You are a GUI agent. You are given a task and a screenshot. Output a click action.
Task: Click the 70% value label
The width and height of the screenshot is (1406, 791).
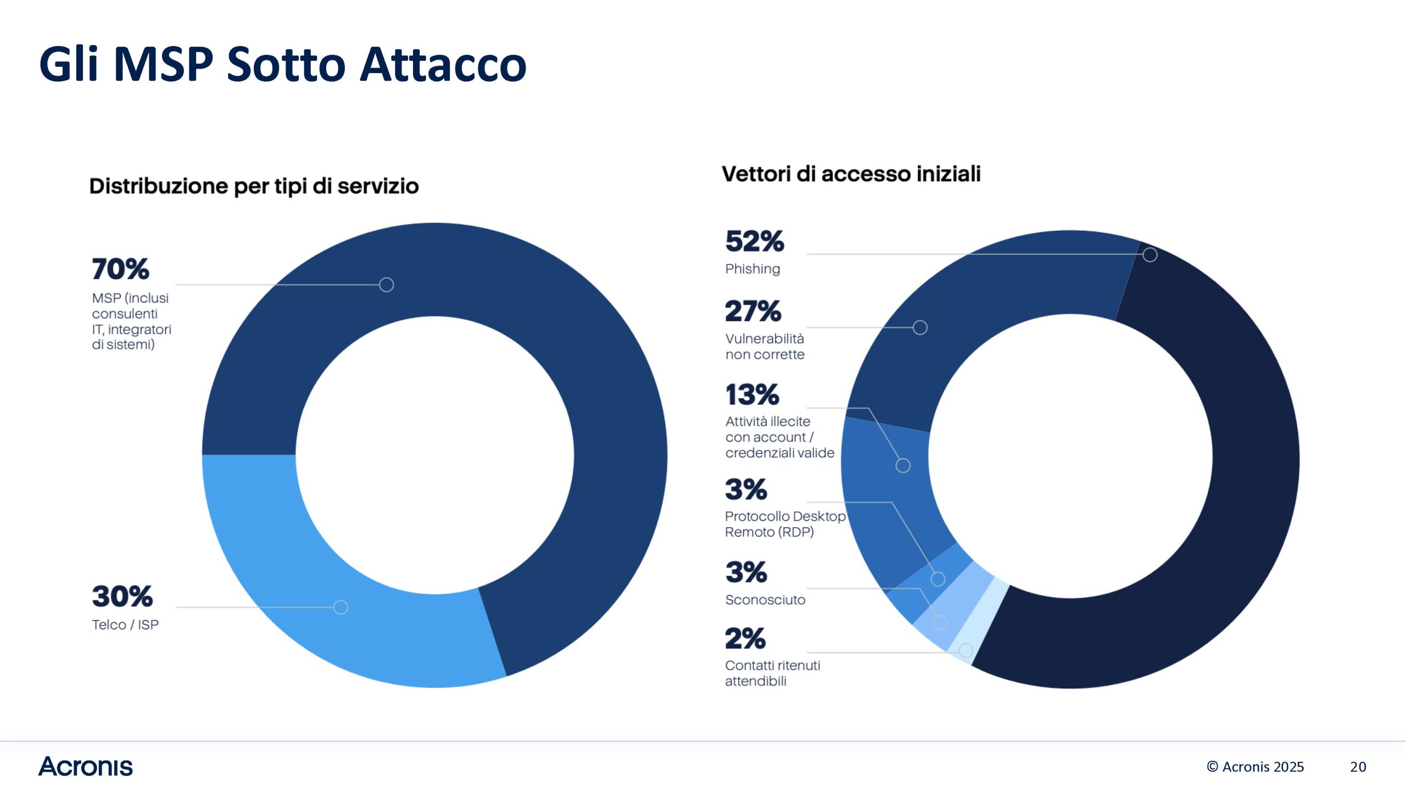click(120, 269)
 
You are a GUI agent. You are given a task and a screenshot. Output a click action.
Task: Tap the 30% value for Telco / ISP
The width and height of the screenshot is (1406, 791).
click(122, 597)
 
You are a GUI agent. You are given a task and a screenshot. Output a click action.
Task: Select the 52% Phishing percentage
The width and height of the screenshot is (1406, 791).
click(755, 241)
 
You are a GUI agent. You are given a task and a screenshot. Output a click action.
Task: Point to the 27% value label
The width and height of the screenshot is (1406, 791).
click(753, 311)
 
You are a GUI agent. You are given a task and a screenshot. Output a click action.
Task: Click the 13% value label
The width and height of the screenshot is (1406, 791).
click(752, 394)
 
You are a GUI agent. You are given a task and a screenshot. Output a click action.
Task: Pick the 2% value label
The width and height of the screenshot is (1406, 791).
click(745, 638)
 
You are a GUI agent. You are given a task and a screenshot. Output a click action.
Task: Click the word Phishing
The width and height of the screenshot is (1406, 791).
click(752, 269)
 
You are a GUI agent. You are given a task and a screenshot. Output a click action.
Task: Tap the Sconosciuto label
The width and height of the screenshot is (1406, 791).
click(765, 599)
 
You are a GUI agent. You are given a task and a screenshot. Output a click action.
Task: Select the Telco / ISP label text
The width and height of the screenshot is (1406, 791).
click(125, 625)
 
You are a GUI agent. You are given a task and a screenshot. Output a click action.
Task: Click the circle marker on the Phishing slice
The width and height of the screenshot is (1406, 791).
click(1150, 255)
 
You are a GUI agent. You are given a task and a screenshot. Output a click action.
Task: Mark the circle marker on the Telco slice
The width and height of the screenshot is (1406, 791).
click(341, 607)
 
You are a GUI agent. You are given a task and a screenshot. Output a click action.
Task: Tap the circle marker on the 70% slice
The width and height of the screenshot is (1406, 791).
click(387, 285)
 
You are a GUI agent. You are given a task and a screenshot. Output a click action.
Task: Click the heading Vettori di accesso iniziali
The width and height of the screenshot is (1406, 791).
click(851, 174)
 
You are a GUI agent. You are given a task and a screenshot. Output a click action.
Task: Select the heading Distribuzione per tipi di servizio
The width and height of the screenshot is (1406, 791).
click(254, 186)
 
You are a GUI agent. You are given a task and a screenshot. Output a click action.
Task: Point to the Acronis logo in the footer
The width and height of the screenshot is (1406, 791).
click(86, 766)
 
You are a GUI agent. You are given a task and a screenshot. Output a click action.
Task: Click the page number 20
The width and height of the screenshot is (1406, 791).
click(1358, 767)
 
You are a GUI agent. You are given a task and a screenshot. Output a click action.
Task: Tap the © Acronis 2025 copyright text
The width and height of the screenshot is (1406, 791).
click(1256, 767)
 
